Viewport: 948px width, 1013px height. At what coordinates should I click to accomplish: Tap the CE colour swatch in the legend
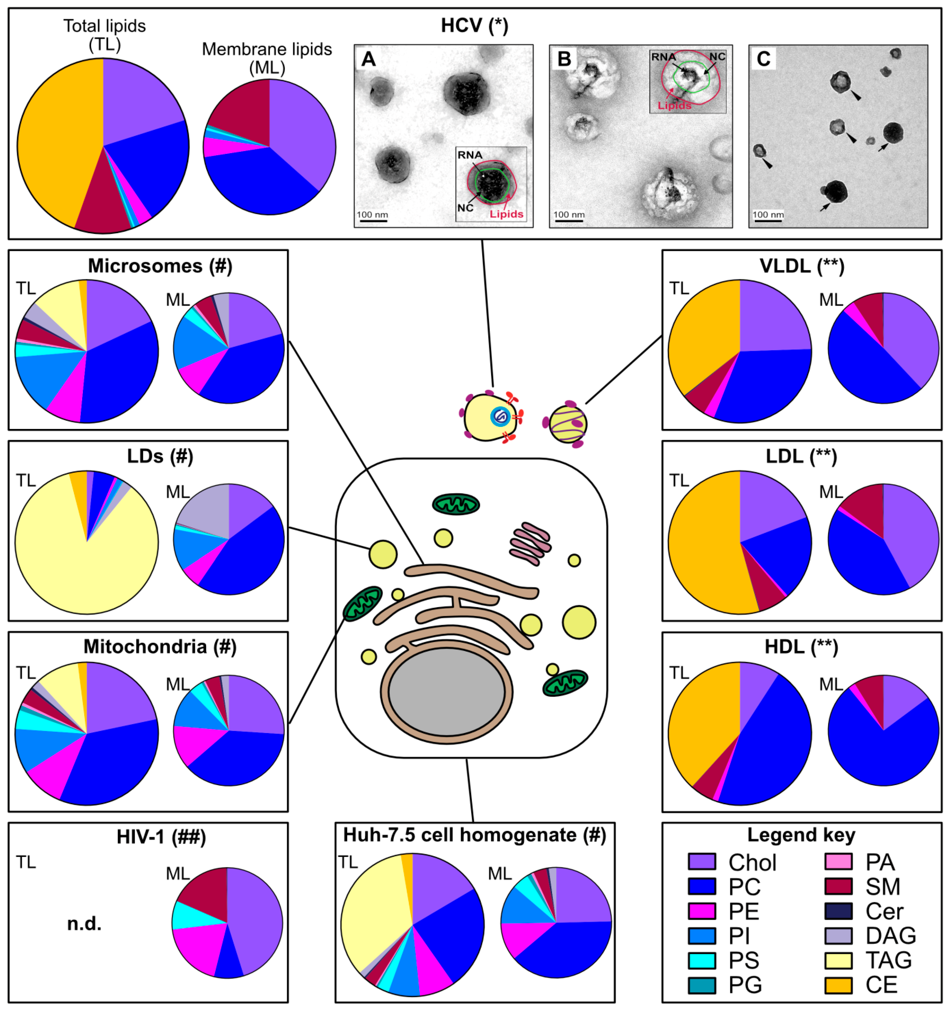tap(838, 984)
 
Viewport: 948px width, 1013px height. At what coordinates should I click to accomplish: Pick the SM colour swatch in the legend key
tap(838, 886)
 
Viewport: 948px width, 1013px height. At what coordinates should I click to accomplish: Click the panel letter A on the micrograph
tap(368, 60)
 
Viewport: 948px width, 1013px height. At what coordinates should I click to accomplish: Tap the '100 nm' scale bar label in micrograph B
tap(569, 215)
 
